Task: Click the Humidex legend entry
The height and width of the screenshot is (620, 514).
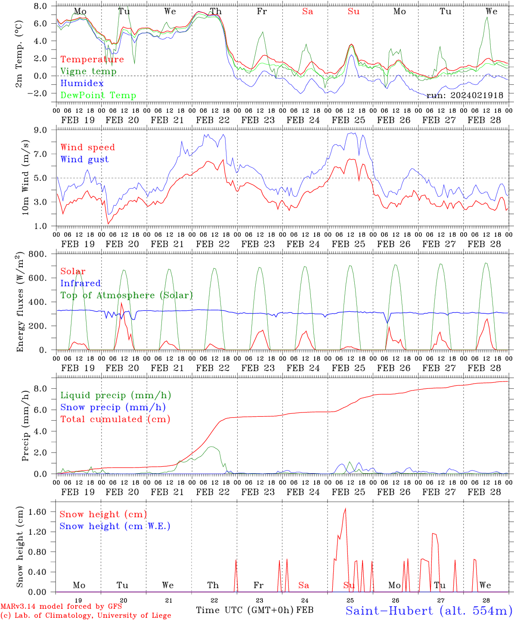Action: pyautogui.click(x=82, y=83)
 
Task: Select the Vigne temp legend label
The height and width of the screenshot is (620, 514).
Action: pyautogui.click(x=88, y=71)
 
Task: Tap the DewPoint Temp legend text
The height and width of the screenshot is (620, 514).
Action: pyautogui.click(x=98, y=95)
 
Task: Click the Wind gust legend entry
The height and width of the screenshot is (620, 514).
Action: pyautogui.click(x=85, y=159)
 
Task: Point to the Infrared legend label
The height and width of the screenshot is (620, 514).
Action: pyautogui.click(x=81, y=283)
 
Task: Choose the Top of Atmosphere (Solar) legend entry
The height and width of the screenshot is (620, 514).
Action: pyautogui.click(x=127, y=295)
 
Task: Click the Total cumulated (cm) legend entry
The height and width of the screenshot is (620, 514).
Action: pyautogui.click(x=115, y=419)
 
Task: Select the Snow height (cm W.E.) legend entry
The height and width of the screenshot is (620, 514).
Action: pyautogui.click(x=115, y=526)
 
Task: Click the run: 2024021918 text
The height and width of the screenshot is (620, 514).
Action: pyautogui.click(x=464, y=95)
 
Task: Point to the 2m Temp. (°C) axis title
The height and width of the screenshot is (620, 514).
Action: pyautogui.click(x=19, y=54)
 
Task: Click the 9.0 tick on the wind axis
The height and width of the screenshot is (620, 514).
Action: pyautogui.click(x=40, y=130)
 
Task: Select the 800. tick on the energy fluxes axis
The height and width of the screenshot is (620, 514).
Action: pyautogui.click(x=38, y=254)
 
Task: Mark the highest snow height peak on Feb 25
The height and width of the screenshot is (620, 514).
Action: pyautogui.click(x=345, y=509)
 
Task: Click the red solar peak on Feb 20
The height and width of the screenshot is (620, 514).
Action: pyautogui.click(x=121, y=303)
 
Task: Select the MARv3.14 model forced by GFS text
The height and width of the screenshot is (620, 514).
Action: pyautogui.click(x=61, y=606)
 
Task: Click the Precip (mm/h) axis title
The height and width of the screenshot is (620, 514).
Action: pyautogui.click(x=25, y=426)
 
